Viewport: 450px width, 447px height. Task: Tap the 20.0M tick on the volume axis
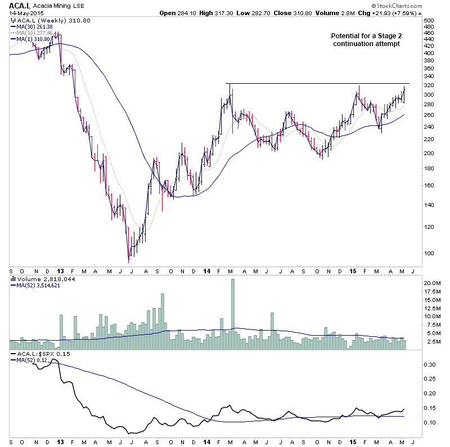[431, 283]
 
